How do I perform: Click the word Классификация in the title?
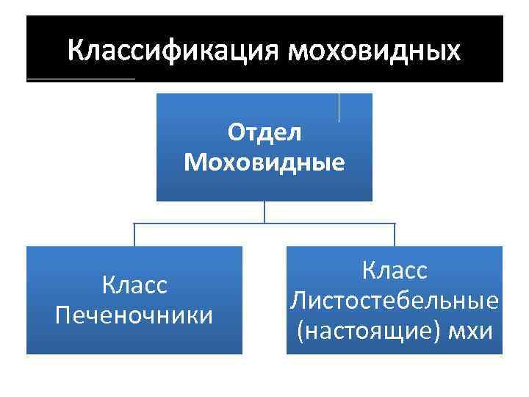[x=173, y=51]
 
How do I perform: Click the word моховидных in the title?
[x=375, y=51]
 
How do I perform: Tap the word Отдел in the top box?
[x=264, y=133]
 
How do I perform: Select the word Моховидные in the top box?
[x=264, y=161]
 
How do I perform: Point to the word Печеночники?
[x=134, y=314]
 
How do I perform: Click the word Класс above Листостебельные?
[x=395, y=271]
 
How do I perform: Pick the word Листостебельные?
[x=395, y=300]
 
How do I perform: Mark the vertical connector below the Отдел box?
[x=264, y=212]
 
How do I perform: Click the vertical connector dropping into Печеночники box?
[x=134, y=235]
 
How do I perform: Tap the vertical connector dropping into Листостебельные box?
[x=395, y=235]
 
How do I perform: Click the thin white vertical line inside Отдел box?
[x=339, y=107]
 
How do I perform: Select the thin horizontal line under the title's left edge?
[x=81, y=79]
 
